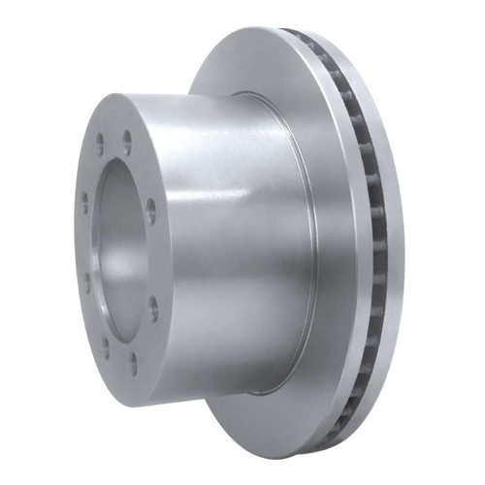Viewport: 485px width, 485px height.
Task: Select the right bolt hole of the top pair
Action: point(127,145)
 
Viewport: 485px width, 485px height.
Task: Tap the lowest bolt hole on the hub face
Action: point(133,364)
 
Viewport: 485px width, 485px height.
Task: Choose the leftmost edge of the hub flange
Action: point(75,242)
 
